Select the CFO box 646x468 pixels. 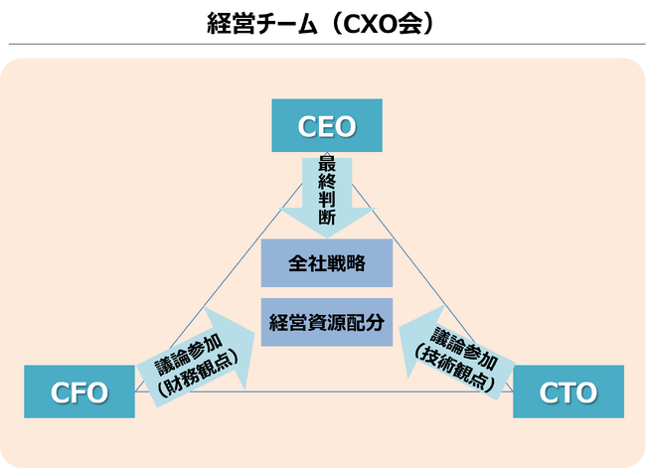coord(80,391)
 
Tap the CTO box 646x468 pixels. coord(568,391)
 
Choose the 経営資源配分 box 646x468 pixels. coord(327,322)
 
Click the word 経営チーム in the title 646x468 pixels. coord(258,23)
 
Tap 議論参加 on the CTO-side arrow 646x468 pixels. coord(466,343)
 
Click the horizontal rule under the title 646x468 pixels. coord(323,44)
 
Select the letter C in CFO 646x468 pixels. coord(61,392)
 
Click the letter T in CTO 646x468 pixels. coord(569,392)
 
